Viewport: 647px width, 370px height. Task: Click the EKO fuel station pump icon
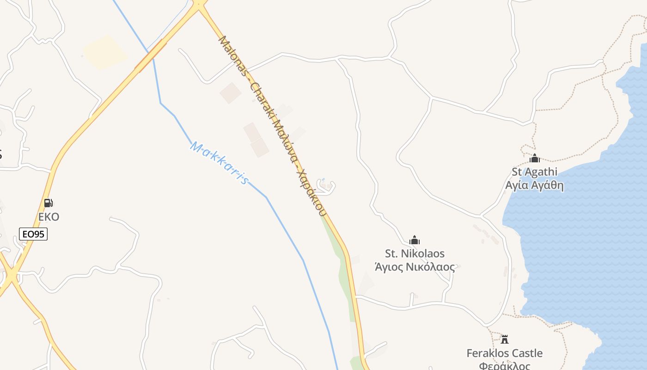48,203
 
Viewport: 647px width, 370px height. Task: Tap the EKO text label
49,217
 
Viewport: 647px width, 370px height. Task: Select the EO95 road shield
33,234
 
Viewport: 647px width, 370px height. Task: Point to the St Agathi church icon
535,159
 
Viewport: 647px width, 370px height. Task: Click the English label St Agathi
534,172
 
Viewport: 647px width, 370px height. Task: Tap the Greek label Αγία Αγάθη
534,185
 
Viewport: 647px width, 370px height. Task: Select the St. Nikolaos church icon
415,240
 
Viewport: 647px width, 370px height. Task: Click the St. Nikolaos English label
415,253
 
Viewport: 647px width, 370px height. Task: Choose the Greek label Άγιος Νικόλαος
415,267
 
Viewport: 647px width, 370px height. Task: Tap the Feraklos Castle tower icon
505,339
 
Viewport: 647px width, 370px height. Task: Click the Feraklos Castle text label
504,353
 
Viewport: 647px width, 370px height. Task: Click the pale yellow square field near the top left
105,52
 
